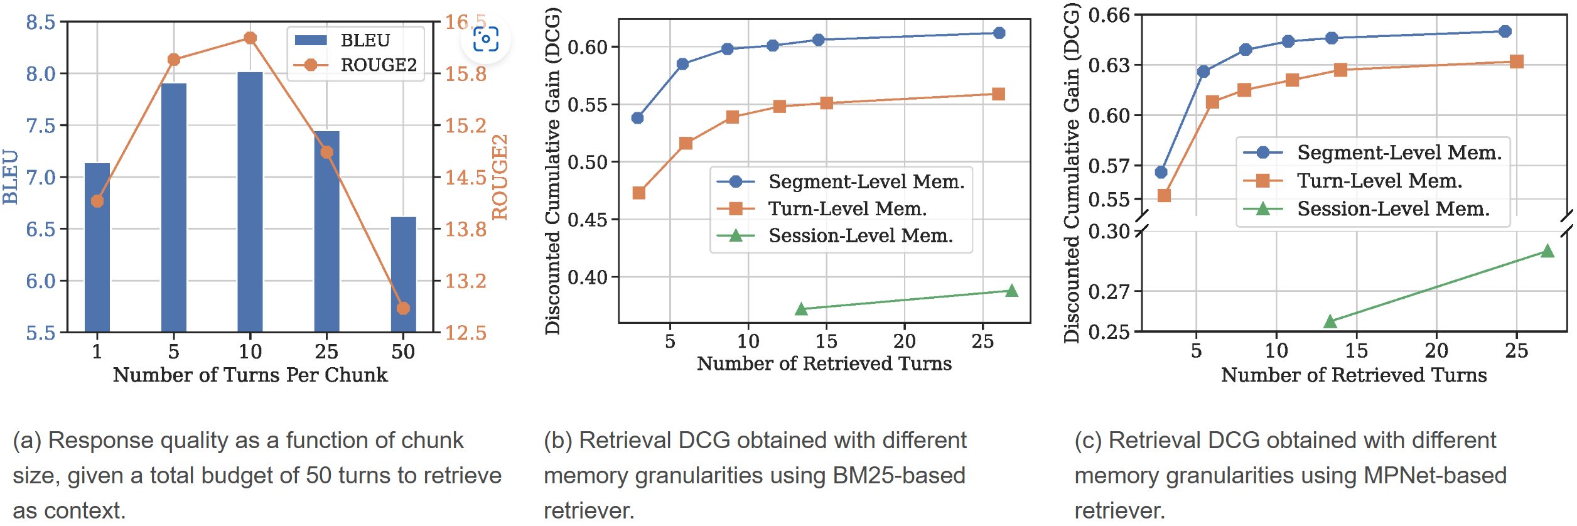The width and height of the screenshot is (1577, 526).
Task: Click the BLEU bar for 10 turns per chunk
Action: pos(250,201)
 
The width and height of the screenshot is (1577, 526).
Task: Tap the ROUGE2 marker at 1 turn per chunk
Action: pos(97,201)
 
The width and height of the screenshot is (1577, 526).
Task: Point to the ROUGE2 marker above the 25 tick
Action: pos(326,153)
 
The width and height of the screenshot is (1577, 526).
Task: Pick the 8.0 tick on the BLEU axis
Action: pos(40,74)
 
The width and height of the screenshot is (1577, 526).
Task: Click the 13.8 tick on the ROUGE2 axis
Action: pos(465,229)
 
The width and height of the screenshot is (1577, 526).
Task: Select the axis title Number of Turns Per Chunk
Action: pos(250,375)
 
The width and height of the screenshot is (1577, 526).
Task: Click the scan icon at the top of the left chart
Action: pos(485,39)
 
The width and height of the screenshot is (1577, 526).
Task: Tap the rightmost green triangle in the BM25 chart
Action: pos(1011,291)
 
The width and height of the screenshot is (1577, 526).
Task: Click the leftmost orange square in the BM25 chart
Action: pos(639,193)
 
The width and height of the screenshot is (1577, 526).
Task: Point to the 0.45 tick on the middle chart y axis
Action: pos(588,220)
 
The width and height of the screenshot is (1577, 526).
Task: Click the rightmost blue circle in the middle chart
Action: pos(999,33)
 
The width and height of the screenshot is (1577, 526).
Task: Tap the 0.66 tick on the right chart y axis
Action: pos(1109,15)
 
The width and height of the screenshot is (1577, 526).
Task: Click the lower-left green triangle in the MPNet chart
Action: pos(1330,321)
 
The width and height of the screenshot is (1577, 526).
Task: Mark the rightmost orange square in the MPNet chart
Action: pos(1517,62)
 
